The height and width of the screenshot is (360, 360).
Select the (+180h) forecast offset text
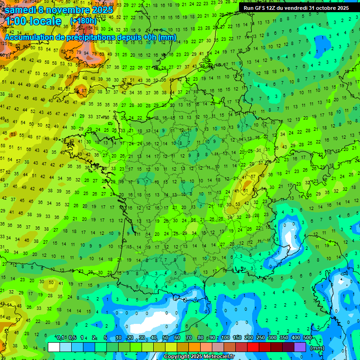coord(83,21)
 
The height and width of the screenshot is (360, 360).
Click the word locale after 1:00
coord(44,21)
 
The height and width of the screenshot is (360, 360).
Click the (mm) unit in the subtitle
coord(167,37)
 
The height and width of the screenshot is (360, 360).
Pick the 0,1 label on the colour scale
coord(60,338)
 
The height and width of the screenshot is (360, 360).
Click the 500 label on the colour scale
coord(307,338)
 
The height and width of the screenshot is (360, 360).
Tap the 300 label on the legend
coord(272,338)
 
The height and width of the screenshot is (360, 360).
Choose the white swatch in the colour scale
coord(54,347)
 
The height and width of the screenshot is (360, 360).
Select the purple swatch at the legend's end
coord(300,347)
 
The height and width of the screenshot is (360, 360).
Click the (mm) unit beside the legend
coord(317,348)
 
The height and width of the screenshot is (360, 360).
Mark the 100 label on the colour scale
coord(225,338)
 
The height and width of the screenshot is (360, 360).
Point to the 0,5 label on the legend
coord(72,338)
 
